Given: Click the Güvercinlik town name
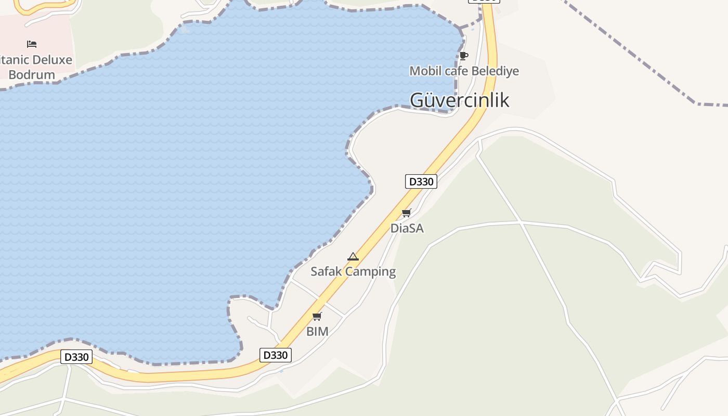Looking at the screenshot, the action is point(460,100).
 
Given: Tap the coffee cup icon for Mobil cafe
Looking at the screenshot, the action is point(464,56).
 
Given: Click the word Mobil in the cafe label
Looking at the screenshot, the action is point(422,71).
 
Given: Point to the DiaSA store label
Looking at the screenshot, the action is point(407,228).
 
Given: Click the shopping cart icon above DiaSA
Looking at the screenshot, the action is point(407,213).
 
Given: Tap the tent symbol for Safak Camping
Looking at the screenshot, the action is point(353,256).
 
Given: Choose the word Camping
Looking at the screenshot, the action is point(370,271).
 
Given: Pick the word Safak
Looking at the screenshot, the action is point(326,271).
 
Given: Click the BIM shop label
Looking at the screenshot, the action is point(317,331).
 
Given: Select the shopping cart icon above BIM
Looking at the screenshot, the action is point(317,316).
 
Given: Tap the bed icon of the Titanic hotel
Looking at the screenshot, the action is point(32,44).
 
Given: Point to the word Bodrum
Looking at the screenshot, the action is point(32,75).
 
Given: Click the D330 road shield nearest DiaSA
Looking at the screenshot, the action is point(421,181).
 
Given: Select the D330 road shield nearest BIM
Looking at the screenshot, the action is point(276,355).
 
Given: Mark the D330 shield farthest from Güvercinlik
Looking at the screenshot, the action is point(76,357).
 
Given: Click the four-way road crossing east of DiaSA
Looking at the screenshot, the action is point(521,223).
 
